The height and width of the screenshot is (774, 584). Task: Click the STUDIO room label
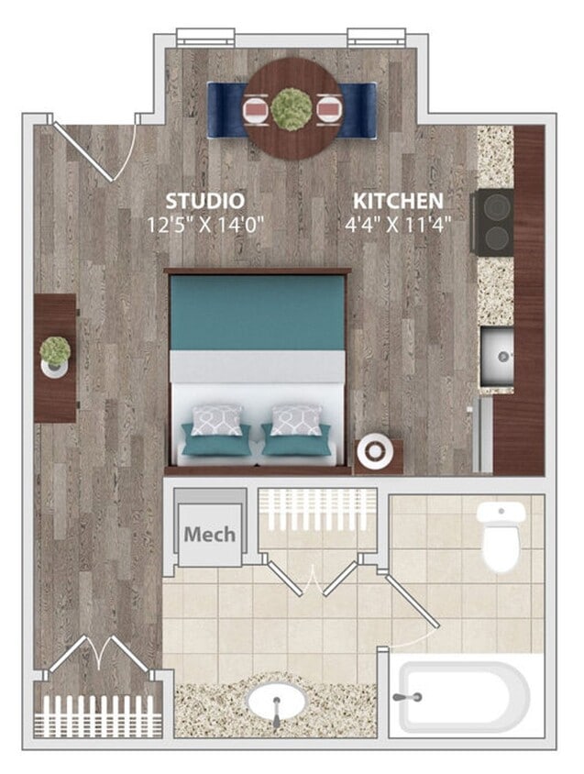(x=204, y=200)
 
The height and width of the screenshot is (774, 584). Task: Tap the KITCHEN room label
(x=399, y=200)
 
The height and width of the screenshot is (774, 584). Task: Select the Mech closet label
(x=209, y=534)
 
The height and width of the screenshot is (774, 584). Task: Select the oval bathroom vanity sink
(x=276, y=705)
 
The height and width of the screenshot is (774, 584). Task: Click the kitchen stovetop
(x=492, y=222)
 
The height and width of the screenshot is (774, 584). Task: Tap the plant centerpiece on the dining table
(x=292, y=108)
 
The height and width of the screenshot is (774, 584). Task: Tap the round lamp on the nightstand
(x=375, y=452)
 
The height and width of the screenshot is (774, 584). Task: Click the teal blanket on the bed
(x=257, y=312)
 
